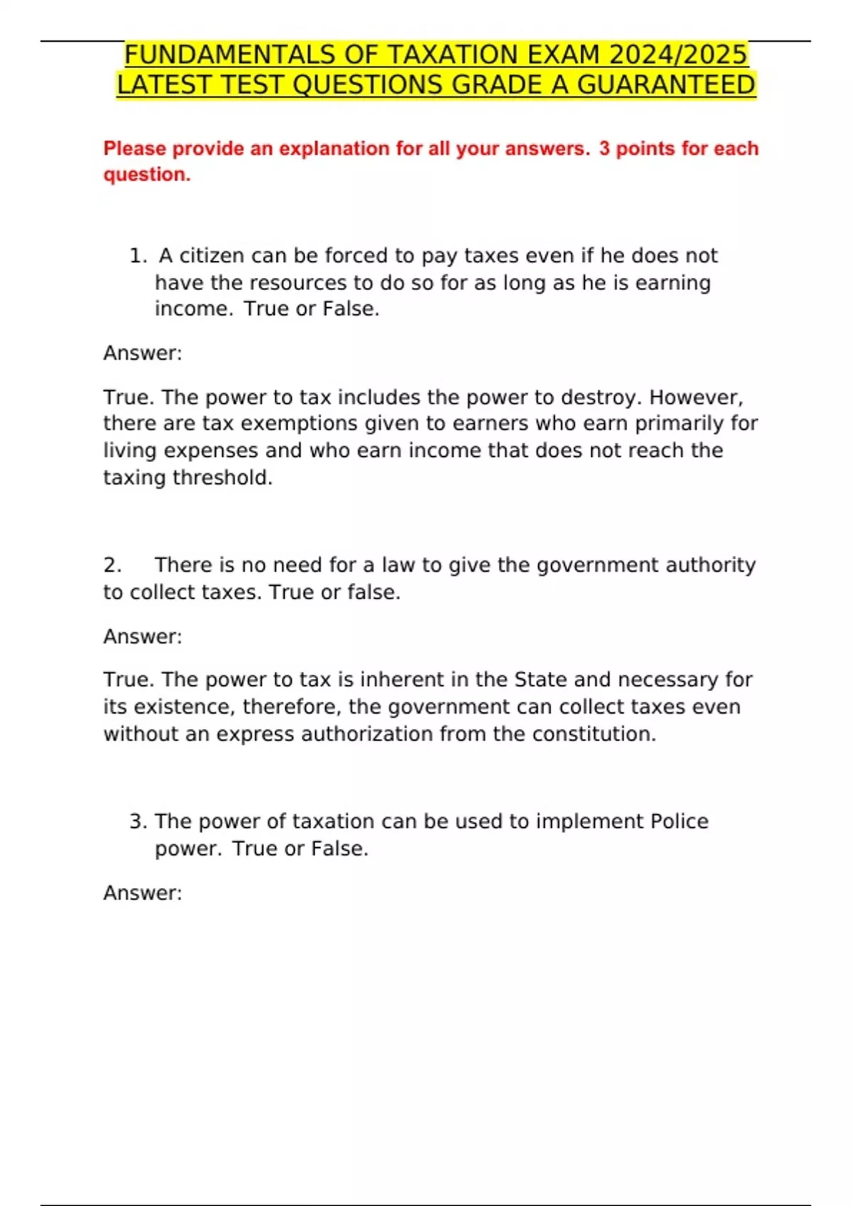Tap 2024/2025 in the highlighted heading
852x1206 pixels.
coord(679,55)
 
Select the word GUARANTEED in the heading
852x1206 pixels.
coord(666,85)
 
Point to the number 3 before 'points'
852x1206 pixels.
coord(604,149)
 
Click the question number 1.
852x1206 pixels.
coord(136,256)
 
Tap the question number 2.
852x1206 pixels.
coord(111,565)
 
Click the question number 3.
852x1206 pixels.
coord(137,821)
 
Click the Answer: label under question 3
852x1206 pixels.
coord(143,893)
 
